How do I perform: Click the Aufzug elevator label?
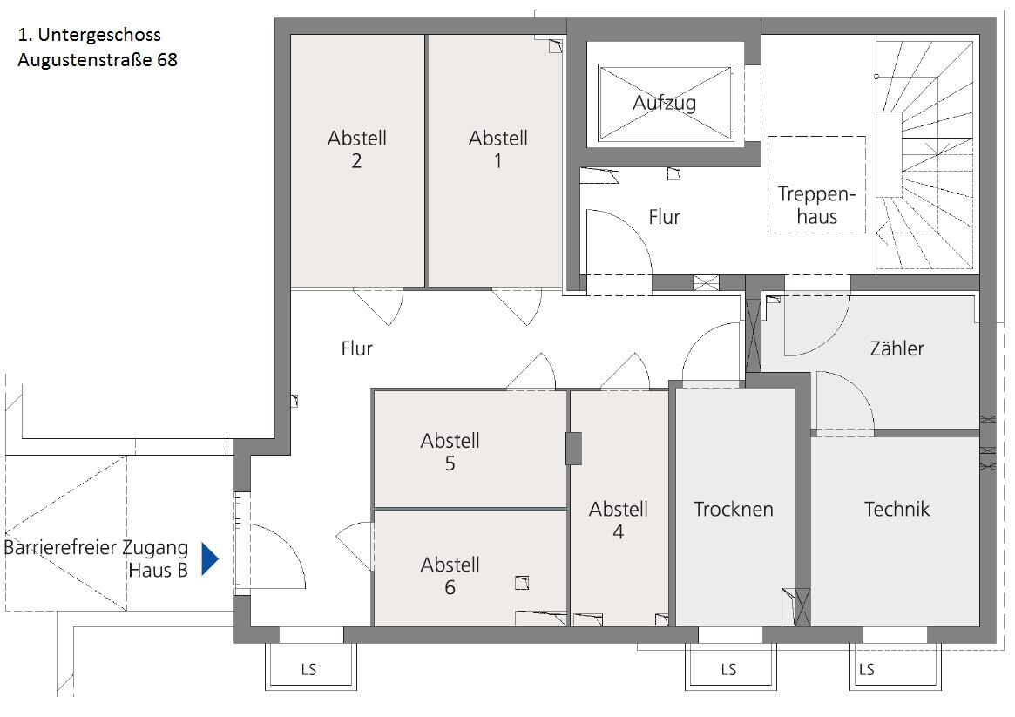click(x=664, y=102)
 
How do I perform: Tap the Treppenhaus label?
click(x=817, y=205)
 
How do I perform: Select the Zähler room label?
click(x=897, y=348)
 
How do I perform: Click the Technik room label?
click(x=897, y=510)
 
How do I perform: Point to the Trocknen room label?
click(x=734, y=510)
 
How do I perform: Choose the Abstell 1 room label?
click(x=497, y=149)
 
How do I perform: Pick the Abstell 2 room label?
click(x=356, y=149)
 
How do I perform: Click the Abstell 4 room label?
click(x=619, y=520)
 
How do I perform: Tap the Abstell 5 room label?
click(x=450, y=451)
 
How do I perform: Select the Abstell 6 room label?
click(x=450, y=576)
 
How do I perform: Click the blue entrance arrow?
click(x=209, y=559)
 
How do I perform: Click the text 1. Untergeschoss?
click(x=90, y=34)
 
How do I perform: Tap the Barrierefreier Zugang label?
click(x=96, y=547)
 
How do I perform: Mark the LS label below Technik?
click(x=866, y=670)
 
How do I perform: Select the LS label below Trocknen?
click(x=728, y=670)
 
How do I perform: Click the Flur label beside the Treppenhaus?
click(x=664, y=217)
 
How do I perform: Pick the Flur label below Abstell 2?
click(x=356, y=348)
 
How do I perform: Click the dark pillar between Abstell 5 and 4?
click(x=573, y=449)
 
